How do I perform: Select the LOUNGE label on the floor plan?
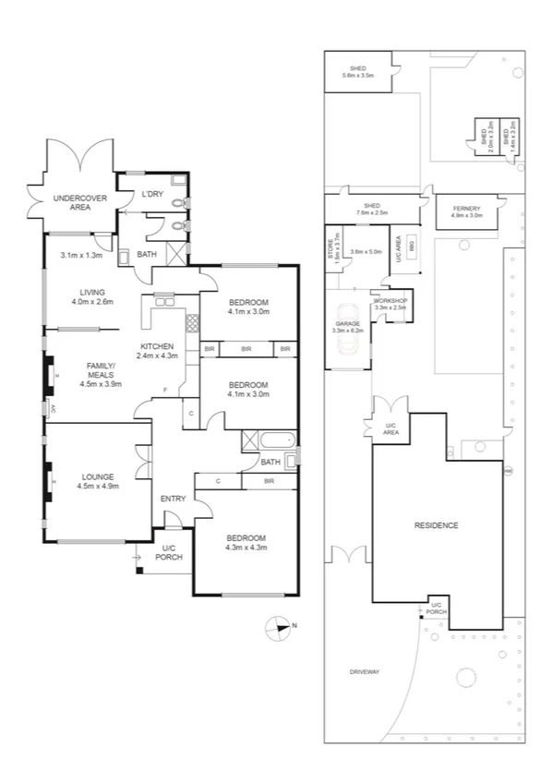(x=96, y=476)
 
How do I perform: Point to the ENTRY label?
(x=173, y=499)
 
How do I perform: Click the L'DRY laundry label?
(x=151, y=194)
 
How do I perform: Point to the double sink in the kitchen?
(x=164, y=299)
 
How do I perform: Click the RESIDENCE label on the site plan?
(x=435, y=525)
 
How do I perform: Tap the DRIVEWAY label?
(x=365, y=671)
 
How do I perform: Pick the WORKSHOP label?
(x=390, y=302)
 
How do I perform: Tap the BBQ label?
(x=411, y=247)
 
